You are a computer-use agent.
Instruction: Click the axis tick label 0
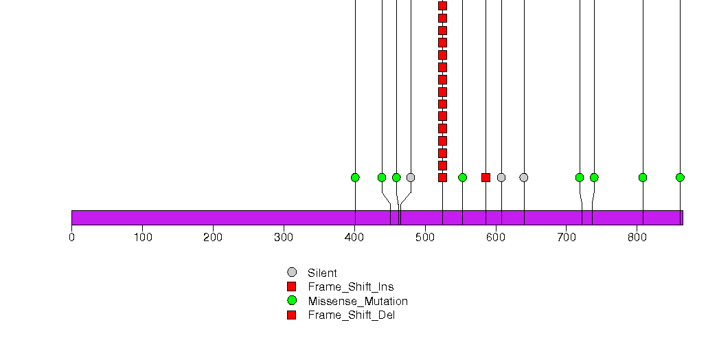pyautogui.click(x=71, y=238)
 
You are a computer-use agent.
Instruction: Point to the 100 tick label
pyautogui.click(x=143, y=238)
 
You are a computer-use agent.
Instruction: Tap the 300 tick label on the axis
pyautogui.click(x=284, y=238)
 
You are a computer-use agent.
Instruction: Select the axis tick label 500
pyautogui.click(x=425, y=238)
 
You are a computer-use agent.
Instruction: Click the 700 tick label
pyautogui.click(x=567, y=238)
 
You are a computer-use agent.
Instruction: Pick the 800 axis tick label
pyautogui.click(x=637, y=238)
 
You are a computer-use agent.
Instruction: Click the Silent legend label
pyautogui.click(x=322, y=273)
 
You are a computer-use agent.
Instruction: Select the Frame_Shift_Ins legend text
pyautogui.click(x=351, y=287)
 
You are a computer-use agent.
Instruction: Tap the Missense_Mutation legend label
pyautogui.click(x=358, y=302)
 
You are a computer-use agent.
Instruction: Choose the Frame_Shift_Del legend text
pyautogui.click(x=351, y=315)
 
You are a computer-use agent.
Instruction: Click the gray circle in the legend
pyautogui.click(x=292, y=273)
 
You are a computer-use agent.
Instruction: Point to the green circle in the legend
pyautogui.click(x=292, y=301)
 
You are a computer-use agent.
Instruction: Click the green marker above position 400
pyautogui.click(x=355, y=177)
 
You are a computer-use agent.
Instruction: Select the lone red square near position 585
pyautogui.click(x=486, y=177)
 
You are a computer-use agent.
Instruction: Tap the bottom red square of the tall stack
pyautogui.click(x=442, y=177)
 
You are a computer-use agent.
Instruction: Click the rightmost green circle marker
pyautogui.click(x=680, y=177)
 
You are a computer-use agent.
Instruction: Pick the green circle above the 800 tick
pyautogui.click(x=643, y=177)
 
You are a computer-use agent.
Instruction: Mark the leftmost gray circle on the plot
pyautogui.click(x=411, y=177)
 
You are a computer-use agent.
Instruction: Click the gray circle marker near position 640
pyautogui.click(x=524, y=177)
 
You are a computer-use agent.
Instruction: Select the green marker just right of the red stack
pyautogui.click(x=462, y=177)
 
